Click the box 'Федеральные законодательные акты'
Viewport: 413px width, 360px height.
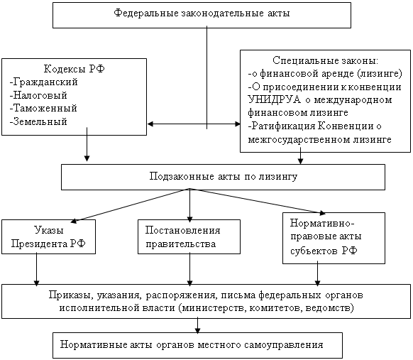click(202, 16)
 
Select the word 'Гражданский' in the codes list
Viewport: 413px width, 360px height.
click(45, 82)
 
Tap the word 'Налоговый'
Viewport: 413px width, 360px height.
click(40, 95)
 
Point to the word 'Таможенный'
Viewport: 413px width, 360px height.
click(45, 108)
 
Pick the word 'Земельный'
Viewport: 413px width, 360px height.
click(40, 121)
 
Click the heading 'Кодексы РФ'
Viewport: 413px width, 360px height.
click(75, 69)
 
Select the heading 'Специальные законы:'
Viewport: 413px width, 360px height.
click(325, 60)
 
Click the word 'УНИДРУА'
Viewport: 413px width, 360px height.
click(274, 100)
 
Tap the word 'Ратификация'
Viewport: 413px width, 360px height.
click(283, 126)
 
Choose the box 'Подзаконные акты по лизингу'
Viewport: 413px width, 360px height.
click(223, 177)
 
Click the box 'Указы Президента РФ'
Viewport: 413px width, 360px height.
click(48, 237)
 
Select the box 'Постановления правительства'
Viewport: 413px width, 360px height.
click(189, 237)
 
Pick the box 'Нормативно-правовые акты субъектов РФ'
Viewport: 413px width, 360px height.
click(334, 239)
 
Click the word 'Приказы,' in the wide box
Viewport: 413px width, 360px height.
click(70, 295)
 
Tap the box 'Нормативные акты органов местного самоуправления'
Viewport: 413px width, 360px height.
click(197, 345)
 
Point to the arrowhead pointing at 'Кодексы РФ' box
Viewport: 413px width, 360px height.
click(150, 124)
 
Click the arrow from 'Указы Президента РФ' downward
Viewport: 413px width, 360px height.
click(36, 269)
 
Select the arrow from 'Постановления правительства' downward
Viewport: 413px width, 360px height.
click(189, 269)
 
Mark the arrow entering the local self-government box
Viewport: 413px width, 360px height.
click(197, 326)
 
